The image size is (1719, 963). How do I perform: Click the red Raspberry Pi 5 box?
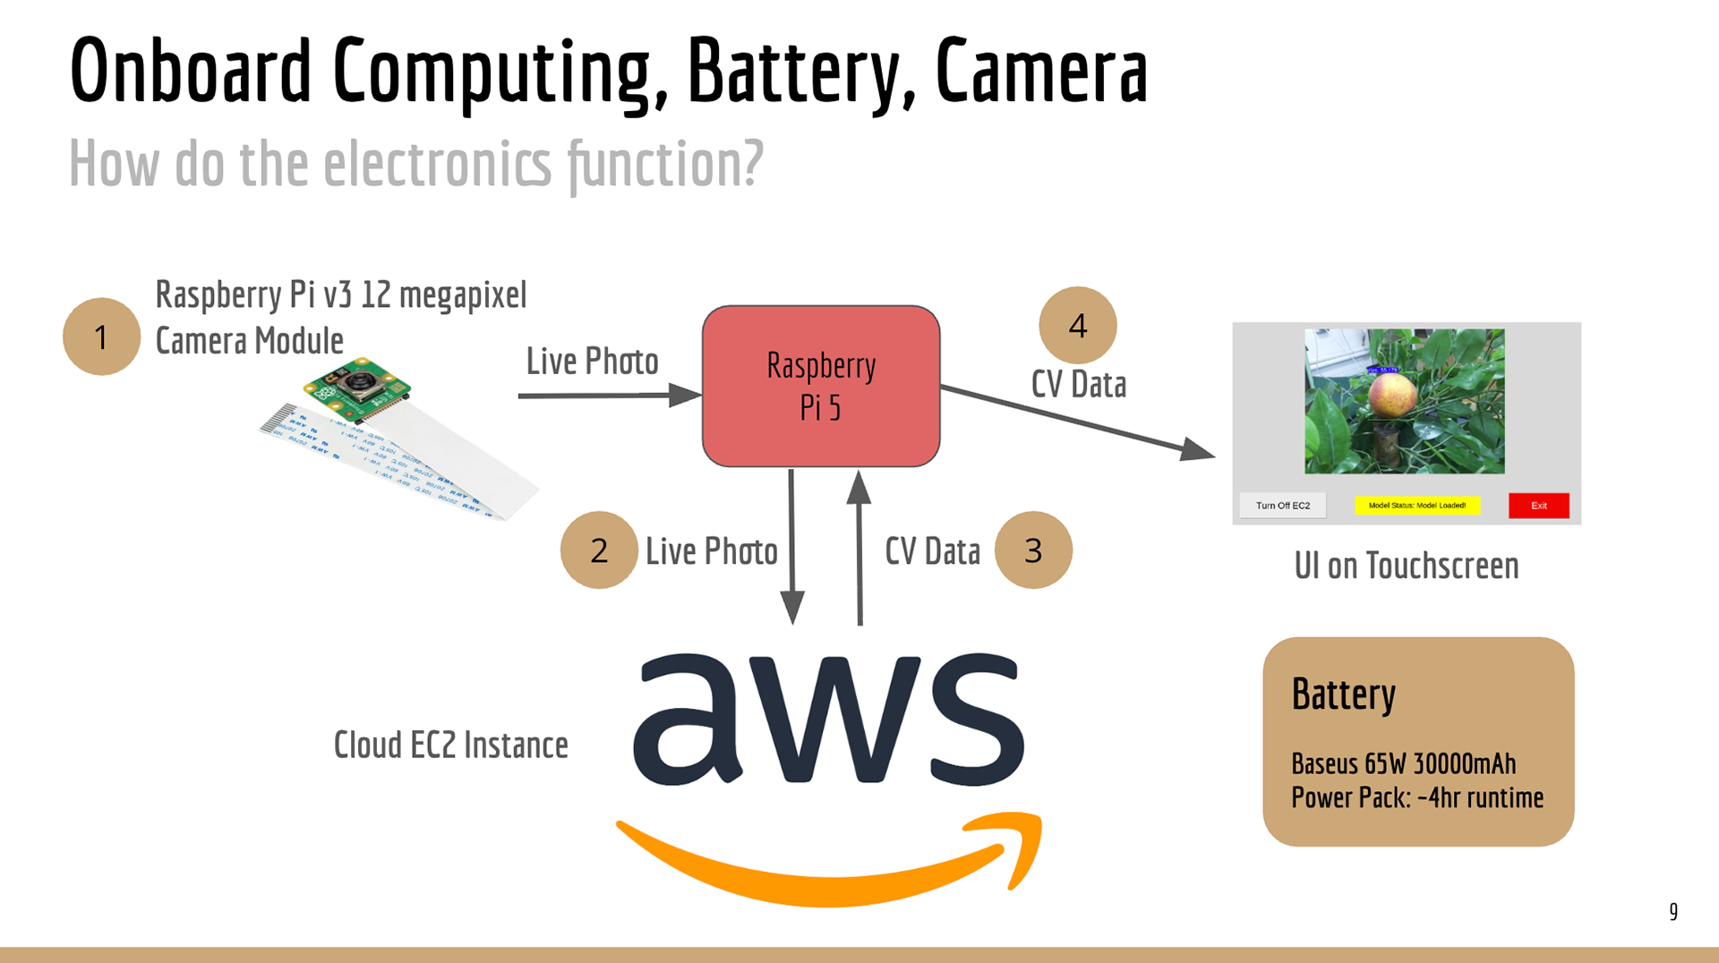coord(821,386)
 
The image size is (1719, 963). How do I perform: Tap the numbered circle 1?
coord(101,337)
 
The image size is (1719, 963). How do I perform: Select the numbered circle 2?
coord(599,550)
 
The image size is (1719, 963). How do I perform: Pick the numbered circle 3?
coord(1033,550)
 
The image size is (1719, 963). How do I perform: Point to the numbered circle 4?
coord(1078,325)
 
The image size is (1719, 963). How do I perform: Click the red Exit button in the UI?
coord(1538,506)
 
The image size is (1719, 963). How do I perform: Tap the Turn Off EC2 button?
coord(1282,506)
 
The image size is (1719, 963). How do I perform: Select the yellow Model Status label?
coord(1416,506)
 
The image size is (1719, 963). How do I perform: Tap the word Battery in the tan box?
coord(1343,695)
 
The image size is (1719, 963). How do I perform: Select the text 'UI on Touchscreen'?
coord(1406,566)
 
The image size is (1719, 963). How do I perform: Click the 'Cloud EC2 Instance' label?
coord(450,745)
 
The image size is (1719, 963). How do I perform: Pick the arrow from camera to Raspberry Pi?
coord(609,395)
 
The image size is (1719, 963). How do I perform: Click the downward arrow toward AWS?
coord(792,546)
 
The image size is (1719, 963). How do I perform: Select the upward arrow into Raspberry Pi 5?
coord(859,546)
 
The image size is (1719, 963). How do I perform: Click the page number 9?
coord(1672,911)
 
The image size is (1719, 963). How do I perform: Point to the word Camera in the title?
coord(1041,72)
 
